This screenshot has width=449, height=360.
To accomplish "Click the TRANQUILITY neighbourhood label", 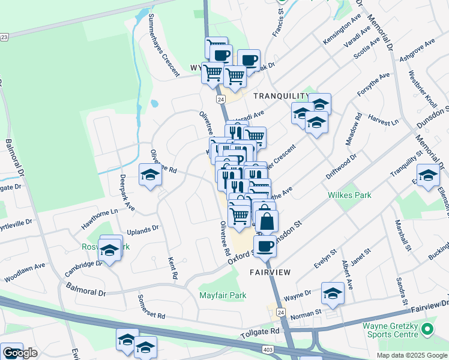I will pos(276,96).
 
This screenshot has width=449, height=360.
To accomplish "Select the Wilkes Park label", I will pos(349,195).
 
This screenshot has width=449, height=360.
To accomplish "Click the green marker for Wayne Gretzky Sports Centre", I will pos(427,329).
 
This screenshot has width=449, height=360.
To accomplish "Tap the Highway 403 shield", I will pos(266,348).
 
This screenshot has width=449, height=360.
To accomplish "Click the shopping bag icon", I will pos(267,221).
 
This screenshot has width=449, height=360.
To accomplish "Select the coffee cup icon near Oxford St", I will pos(265,245).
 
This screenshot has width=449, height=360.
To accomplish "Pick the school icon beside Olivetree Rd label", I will pos(150,175).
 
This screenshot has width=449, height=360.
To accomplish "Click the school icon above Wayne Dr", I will pos(333,293).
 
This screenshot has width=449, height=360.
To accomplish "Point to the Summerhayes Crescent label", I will pos(163,45).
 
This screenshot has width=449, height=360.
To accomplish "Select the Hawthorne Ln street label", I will pos(100,220).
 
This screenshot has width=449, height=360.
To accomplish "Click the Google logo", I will pos(20,352).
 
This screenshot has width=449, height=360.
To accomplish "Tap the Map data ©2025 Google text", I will pos(412,355).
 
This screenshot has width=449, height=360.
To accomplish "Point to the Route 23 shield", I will pos(4,37).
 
